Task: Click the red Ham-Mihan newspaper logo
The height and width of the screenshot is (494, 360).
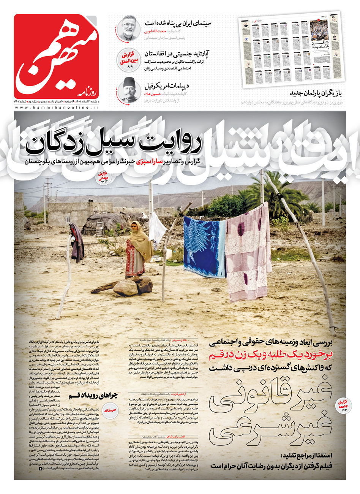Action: [56, 56]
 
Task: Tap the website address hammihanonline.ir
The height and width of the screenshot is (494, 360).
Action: [56, 108]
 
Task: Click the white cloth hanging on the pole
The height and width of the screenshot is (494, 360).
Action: [157, 230]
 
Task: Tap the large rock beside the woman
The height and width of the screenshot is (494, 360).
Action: [126, 288]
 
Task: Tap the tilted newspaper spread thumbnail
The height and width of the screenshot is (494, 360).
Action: [292, 49]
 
